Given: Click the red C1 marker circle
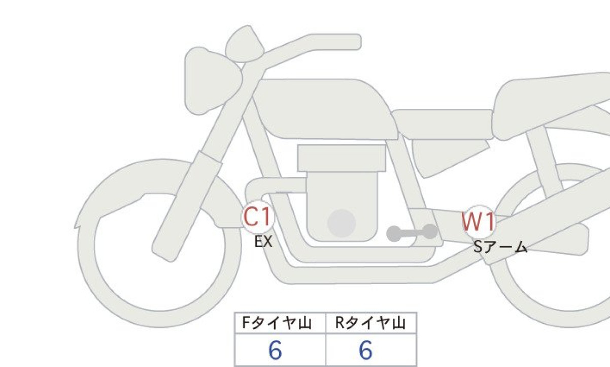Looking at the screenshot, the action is [x=257, y=217].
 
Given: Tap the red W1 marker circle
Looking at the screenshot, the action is [x=479, y=221].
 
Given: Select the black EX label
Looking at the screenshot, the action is [x=263, y=242].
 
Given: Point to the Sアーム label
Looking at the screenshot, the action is [x=500, y=247].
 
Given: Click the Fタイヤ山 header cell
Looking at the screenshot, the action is [x=280, y=323].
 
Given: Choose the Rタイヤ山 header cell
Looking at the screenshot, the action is [x=371, y=323].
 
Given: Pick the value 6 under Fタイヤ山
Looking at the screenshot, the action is [x=275, y=350].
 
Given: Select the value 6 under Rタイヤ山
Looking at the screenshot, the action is [x=365, y=350].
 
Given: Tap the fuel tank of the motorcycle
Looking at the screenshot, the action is [x=324, y=109].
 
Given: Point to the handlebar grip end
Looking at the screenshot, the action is [x=354, y=42].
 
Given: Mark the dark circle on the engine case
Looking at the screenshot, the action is [x=342, y=223].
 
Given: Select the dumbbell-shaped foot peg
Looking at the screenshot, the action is [x=412, y=233].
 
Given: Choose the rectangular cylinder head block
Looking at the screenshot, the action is [x=342, y=158].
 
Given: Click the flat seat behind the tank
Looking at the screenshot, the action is [x=443, y=124].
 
